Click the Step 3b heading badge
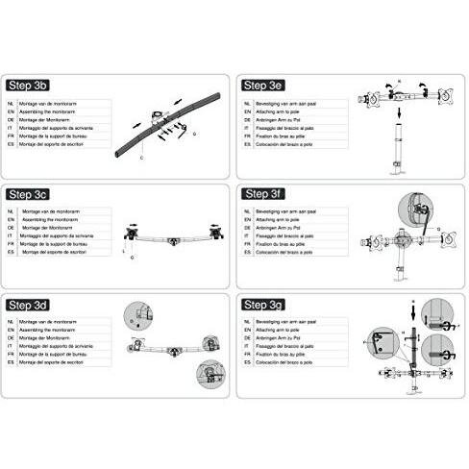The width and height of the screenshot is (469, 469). coord(32,85)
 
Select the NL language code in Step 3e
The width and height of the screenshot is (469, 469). coord(246,102)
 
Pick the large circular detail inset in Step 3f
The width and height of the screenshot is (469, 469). coord(412,210)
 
